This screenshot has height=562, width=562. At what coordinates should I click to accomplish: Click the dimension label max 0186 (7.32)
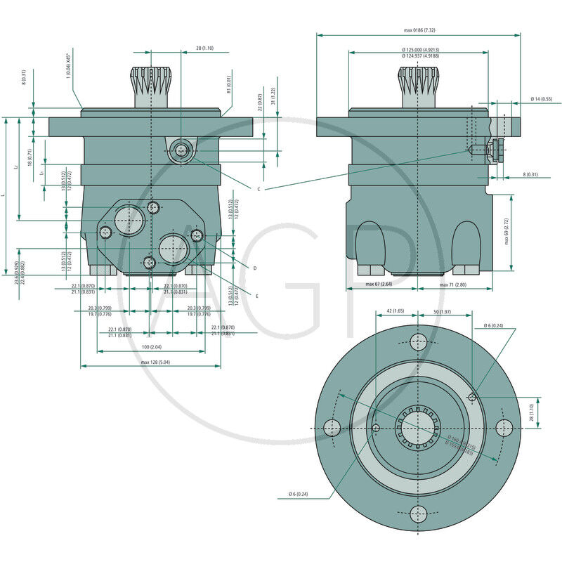[x=419, y=30]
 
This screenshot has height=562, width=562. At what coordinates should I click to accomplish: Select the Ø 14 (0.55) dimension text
[x=541, y=98]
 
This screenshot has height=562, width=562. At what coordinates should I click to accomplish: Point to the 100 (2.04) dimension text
[x=152, y=347]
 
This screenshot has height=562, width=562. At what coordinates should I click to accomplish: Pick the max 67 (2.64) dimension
[x=379, y=285]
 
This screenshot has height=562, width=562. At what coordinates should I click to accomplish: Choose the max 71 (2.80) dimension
[x=453, y=285]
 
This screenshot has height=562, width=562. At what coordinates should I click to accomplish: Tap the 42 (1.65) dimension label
[x=396, y=311]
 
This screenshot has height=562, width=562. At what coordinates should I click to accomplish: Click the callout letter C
[x=259, y=189]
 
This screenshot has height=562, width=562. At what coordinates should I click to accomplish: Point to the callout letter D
[x=254, y=268]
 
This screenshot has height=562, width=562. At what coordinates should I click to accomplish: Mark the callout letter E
[x=256, y=296]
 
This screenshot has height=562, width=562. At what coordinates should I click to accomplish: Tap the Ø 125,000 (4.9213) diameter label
[x=420, y=50]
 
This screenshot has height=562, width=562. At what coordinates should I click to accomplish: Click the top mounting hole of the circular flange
[x=419, y=342]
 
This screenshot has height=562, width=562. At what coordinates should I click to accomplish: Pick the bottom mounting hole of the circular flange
[x=419, y=513]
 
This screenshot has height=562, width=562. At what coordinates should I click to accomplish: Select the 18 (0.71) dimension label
[x=30, y=156]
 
